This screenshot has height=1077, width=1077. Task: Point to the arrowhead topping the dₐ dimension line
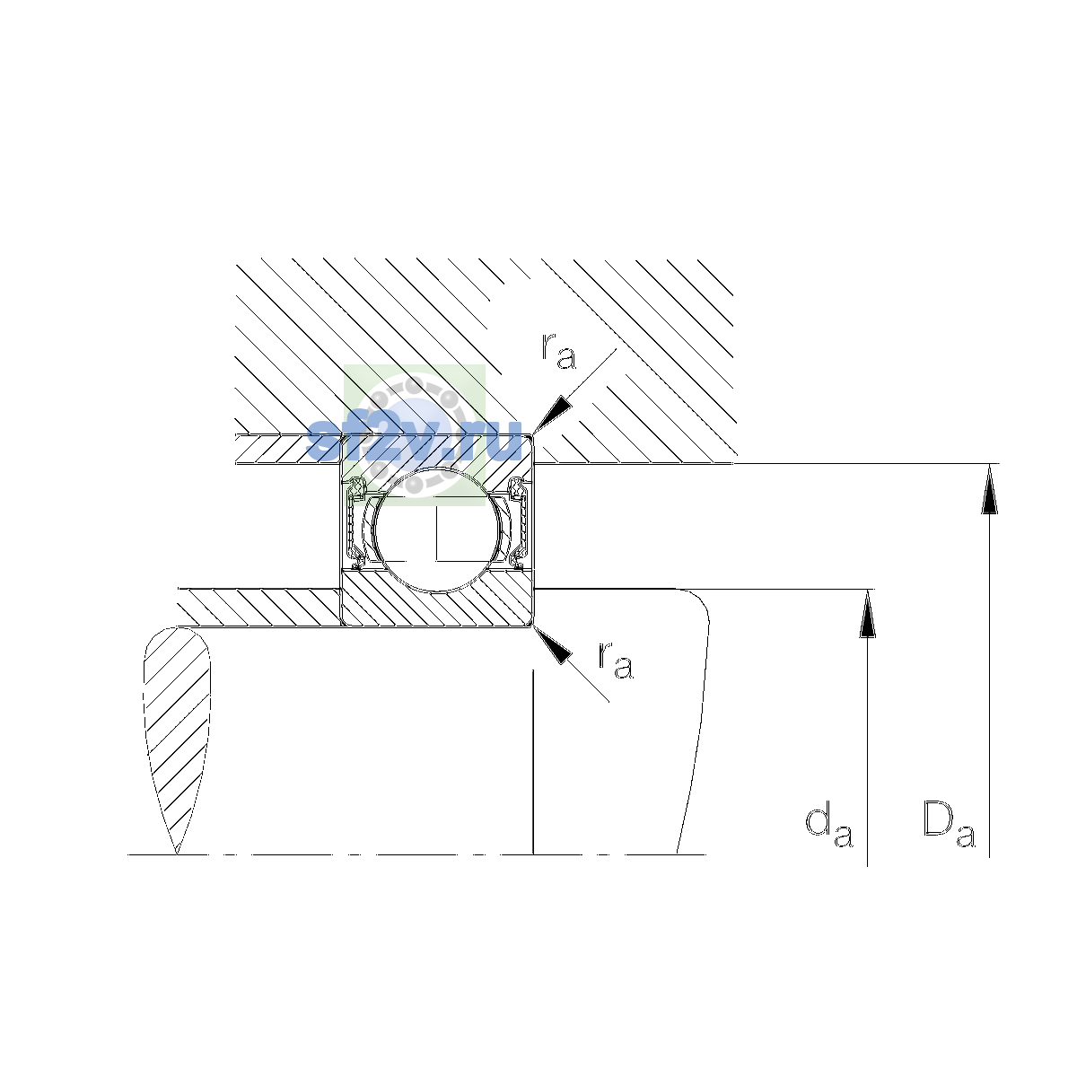coord(867,614)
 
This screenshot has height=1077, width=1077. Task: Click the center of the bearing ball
coord(438,530)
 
